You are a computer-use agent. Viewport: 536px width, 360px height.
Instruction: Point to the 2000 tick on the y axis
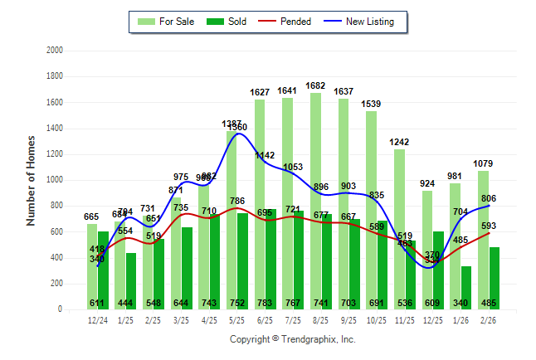click(x=54, y=51)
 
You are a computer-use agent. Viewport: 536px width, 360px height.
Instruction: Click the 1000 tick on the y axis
click(x=54, y=180)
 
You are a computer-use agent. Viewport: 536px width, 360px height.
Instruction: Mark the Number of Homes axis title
click(x=31, y=180)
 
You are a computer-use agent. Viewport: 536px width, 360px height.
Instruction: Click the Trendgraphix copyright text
click(x=292, y=339)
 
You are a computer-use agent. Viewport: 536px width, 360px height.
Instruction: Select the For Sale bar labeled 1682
click(x=315, y=199)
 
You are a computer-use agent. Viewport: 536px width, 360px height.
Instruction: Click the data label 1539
click(x=372, y=104)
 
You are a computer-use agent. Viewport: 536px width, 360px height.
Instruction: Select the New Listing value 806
click(x=490, y=199)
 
